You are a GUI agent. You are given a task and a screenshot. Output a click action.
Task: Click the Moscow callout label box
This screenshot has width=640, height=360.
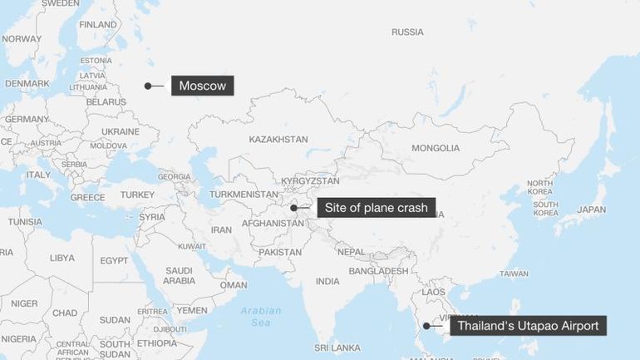pos(203,86)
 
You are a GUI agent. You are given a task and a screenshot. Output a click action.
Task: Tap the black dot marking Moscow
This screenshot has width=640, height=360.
pos(148,86)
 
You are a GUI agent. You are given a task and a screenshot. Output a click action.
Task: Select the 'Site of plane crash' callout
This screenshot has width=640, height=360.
pos(376,208)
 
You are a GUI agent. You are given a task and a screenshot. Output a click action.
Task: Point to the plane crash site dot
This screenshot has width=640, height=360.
pos(293,208)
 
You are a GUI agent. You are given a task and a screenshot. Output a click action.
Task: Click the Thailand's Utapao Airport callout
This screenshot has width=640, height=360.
pos(528,326)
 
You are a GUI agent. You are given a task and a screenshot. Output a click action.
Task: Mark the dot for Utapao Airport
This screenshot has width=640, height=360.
pos(425,326)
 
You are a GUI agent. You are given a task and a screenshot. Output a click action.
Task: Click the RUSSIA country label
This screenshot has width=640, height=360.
pos(407,32)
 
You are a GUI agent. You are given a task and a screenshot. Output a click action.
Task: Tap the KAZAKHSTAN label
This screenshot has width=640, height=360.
pos(278,139)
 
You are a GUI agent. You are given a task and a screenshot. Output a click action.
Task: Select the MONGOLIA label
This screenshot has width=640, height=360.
pos(436,148)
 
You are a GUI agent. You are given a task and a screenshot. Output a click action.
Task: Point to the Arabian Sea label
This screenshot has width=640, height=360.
pos(262,316)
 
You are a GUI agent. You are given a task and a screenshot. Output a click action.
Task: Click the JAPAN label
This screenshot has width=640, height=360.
pos(592,210)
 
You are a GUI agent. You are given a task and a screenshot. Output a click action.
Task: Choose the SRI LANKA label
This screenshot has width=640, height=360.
pos(337,347)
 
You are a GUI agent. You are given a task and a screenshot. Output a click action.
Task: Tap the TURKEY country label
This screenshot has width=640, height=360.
pos(137,195)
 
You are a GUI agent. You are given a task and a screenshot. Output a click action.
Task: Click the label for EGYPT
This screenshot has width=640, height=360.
pos(114,260)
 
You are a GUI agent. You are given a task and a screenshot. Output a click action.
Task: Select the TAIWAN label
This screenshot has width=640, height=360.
pos(514,274)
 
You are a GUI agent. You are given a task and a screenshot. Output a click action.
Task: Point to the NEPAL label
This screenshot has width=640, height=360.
pos(351,251)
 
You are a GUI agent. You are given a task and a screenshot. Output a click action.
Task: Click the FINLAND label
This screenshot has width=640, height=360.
pos(98,25)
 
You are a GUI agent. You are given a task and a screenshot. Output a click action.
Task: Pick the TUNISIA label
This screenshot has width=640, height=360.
pos(25,222)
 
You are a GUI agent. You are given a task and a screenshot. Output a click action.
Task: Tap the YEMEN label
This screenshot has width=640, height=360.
pos(192,310)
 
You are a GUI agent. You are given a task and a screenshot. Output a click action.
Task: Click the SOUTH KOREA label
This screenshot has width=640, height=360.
pos(545,209)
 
